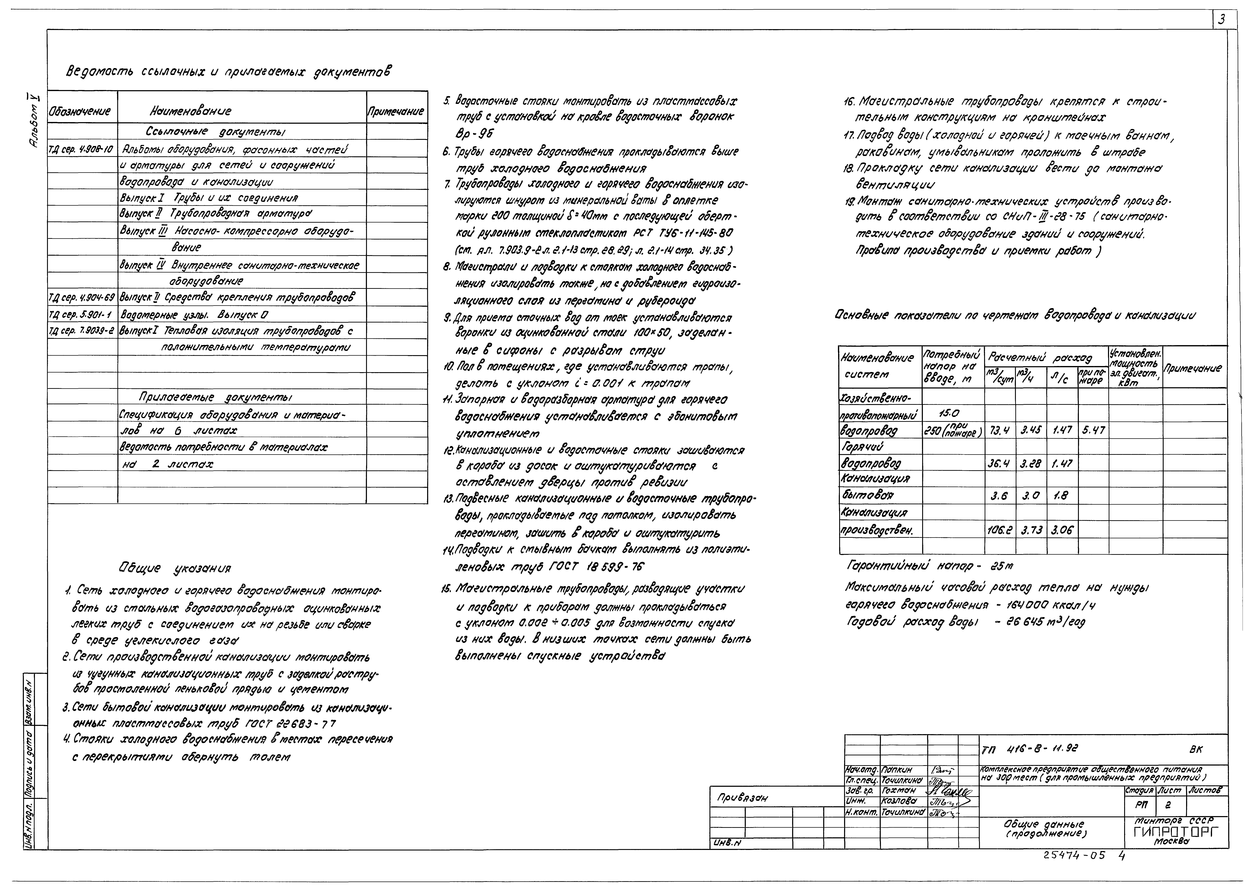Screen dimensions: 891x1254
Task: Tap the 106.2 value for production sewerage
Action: [1000, 531]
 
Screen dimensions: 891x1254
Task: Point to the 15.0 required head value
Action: [950, 414]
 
